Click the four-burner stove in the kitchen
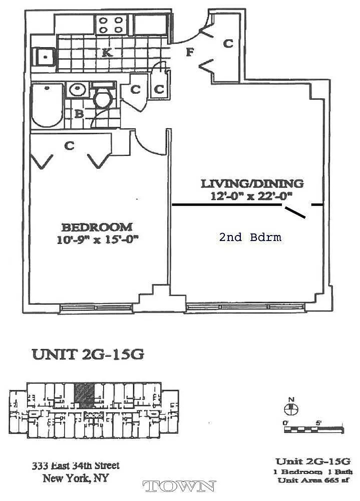click(111, 25)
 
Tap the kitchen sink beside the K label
click(45, 57)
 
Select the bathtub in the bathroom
click(48, 105)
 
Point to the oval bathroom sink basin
click(77, 90)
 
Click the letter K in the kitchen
click(107, 53)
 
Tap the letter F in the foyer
click(189, 52)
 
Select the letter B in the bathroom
click(79, 114)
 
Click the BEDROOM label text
click(97, 227)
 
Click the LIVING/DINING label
click(252, 184)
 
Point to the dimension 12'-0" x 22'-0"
click(251, 195)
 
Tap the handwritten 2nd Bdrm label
click(250, 237)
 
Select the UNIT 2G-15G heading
click(88, 354)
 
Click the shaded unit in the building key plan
click(84, 396)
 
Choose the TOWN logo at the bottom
click(179, 486)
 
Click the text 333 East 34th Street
click(76, 465)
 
